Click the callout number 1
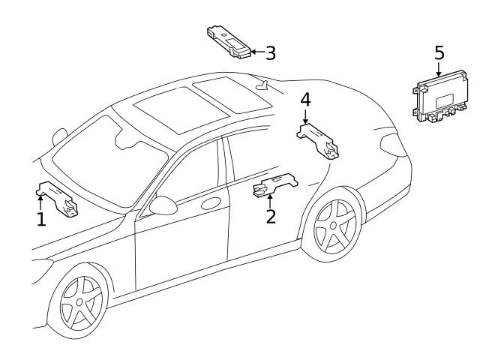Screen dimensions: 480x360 [41, 219]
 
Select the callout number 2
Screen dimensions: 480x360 [271, 216]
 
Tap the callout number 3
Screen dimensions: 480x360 [271, 52]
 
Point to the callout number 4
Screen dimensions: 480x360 [305, 100]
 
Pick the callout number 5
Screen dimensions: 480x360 [439, 52]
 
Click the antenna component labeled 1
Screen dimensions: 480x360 [57, 199]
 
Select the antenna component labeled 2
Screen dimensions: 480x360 [275, 184]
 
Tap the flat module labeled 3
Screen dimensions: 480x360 [229, 42]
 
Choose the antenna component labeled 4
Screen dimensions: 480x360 [318, 141]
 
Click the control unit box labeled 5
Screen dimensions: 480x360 [440, 97]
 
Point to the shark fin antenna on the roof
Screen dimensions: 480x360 [262, 85]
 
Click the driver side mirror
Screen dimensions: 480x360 [163, 205]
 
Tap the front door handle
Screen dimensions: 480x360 [211, 203]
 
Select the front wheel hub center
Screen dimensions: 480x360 [79, 302]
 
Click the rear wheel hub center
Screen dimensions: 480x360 [333, 226]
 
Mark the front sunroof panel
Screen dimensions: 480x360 [181, 110]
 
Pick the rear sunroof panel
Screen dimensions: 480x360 [232, 94]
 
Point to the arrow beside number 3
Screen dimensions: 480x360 [258, 52]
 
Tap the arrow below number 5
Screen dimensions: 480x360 [439, 70]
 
